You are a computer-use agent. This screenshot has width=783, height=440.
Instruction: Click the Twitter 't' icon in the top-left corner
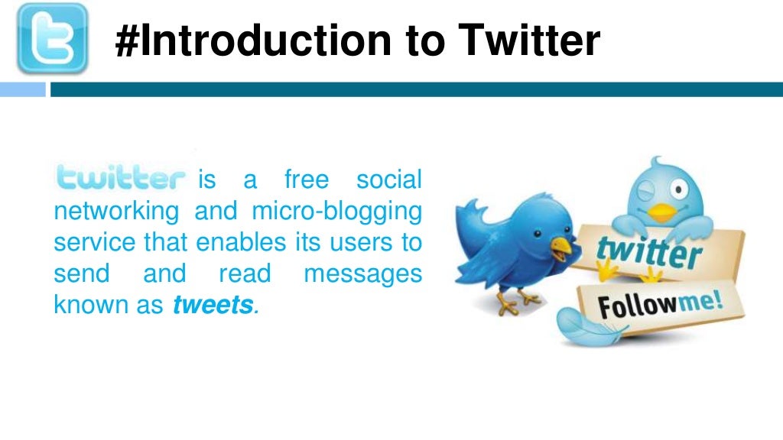[52, 38]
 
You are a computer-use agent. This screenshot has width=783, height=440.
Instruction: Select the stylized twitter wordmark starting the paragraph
[121, 179]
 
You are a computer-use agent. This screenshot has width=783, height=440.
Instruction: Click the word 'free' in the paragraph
[306, 180]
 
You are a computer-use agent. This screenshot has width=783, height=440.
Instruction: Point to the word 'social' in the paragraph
[388, 180]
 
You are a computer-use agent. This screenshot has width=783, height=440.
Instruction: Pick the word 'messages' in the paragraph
[362, 273]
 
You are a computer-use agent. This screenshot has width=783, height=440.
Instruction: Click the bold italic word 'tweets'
[213, 306]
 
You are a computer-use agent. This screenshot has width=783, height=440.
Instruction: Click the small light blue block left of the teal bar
[23, 89]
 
